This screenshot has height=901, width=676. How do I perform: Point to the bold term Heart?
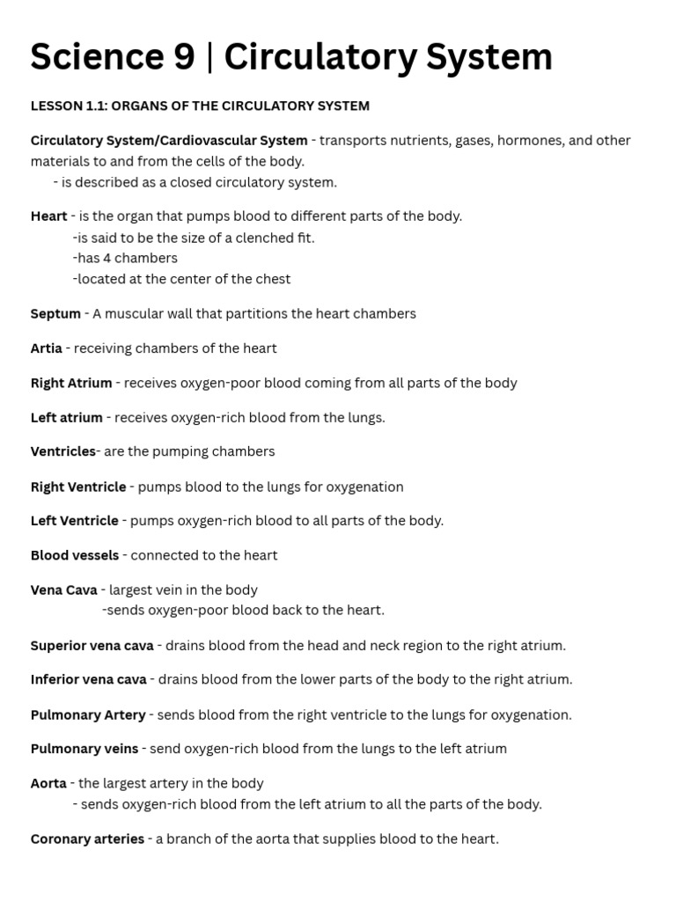tap(48, 216)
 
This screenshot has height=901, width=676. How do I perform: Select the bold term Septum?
tap(55, 314)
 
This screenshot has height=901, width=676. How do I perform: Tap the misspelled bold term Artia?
tap(47, 348)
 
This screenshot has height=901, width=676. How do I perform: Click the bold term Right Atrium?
tap(71, 384)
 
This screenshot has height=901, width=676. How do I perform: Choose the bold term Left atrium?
tap(67, 418)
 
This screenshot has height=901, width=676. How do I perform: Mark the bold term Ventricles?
tap(62, 452)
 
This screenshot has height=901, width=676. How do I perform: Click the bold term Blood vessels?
tap(75, 556)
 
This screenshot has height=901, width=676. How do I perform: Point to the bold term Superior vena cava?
tap(92, 646)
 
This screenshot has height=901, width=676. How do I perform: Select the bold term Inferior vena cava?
tap(89, 680)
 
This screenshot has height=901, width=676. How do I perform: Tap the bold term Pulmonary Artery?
tap(88, 715)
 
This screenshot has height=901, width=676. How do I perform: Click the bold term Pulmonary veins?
tap(84, 750)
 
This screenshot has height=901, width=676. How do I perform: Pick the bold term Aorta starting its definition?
tap(48, 784)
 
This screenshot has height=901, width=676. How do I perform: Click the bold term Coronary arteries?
tap(87, 839)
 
